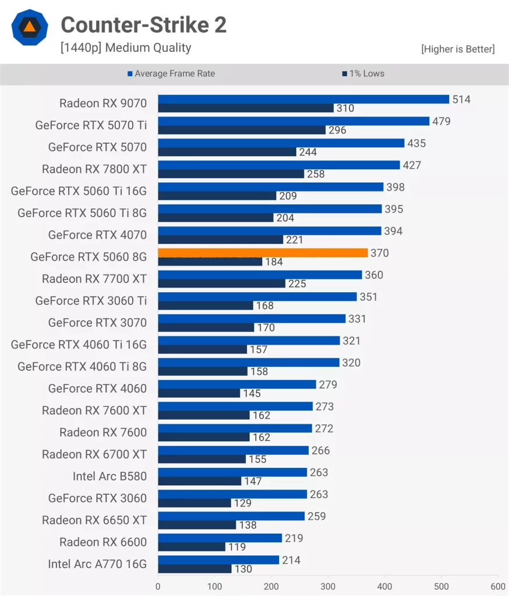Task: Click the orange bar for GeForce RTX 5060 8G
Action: click(263, 253)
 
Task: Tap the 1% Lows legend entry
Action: click(366, 73)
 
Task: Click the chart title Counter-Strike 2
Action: click(143, 25)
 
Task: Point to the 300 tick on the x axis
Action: click(328, 586)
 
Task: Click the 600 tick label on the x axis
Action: click(497, 586)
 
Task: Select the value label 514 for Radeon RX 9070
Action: click(461, 100)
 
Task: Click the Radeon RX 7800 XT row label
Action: click(94, 169)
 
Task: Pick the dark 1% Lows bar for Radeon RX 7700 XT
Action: click(222, 283)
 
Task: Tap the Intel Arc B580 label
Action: click(109, 476)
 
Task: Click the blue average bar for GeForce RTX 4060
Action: click(237, 384)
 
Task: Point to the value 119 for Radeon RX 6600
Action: click(236, 547)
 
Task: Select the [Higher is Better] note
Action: click(458, 49)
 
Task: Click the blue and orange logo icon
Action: click(29, 27)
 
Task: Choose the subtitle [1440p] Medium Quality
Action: click(126, 48)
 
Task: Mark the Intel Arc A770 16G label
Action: click(97, 564)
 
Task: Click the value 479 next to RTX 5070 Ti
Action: click(441, 122)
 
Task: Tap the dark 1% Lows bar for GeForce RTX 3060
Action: click(195, 503)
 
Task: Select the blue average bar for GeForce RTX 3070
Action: click(252, 318)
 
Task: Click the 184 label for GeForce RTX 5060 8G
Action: click(274, 262)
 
